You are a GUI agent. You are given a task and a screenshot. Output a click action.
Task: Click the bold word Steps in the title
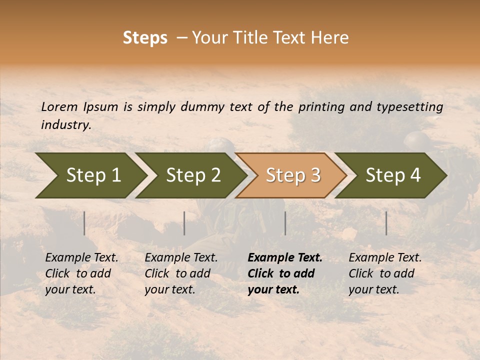click(x=145, y=38)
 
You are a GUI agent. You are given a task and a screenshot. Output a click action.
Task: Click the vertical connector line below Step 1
click(x=84, y=223)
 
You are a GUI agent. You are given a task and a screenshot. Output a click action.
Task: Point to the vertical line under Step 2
click(x=184, y=223)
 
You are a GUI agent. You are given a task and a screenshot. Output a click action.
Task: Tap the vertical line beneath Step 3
click(x=285, y=223)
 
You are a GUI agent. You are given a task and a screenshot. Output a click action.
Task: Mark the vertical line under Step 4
click(x=386, y=223)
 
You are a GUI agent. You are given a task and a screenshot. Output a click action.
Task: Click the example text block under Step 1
click(x=81, y=273)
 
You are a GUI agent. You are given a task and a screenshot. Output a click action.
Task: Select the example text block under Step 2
click(x=181, y=273)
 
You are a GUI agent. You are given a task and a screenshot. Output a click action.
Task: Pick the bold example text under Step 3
click(x=285, y=273)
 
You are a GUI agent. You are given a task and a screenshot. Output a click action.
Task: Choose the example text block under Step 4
click(x=385, y=273)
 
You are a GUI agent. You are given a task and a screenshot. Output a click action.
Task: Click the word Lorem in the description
click(x=59, y=107)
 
